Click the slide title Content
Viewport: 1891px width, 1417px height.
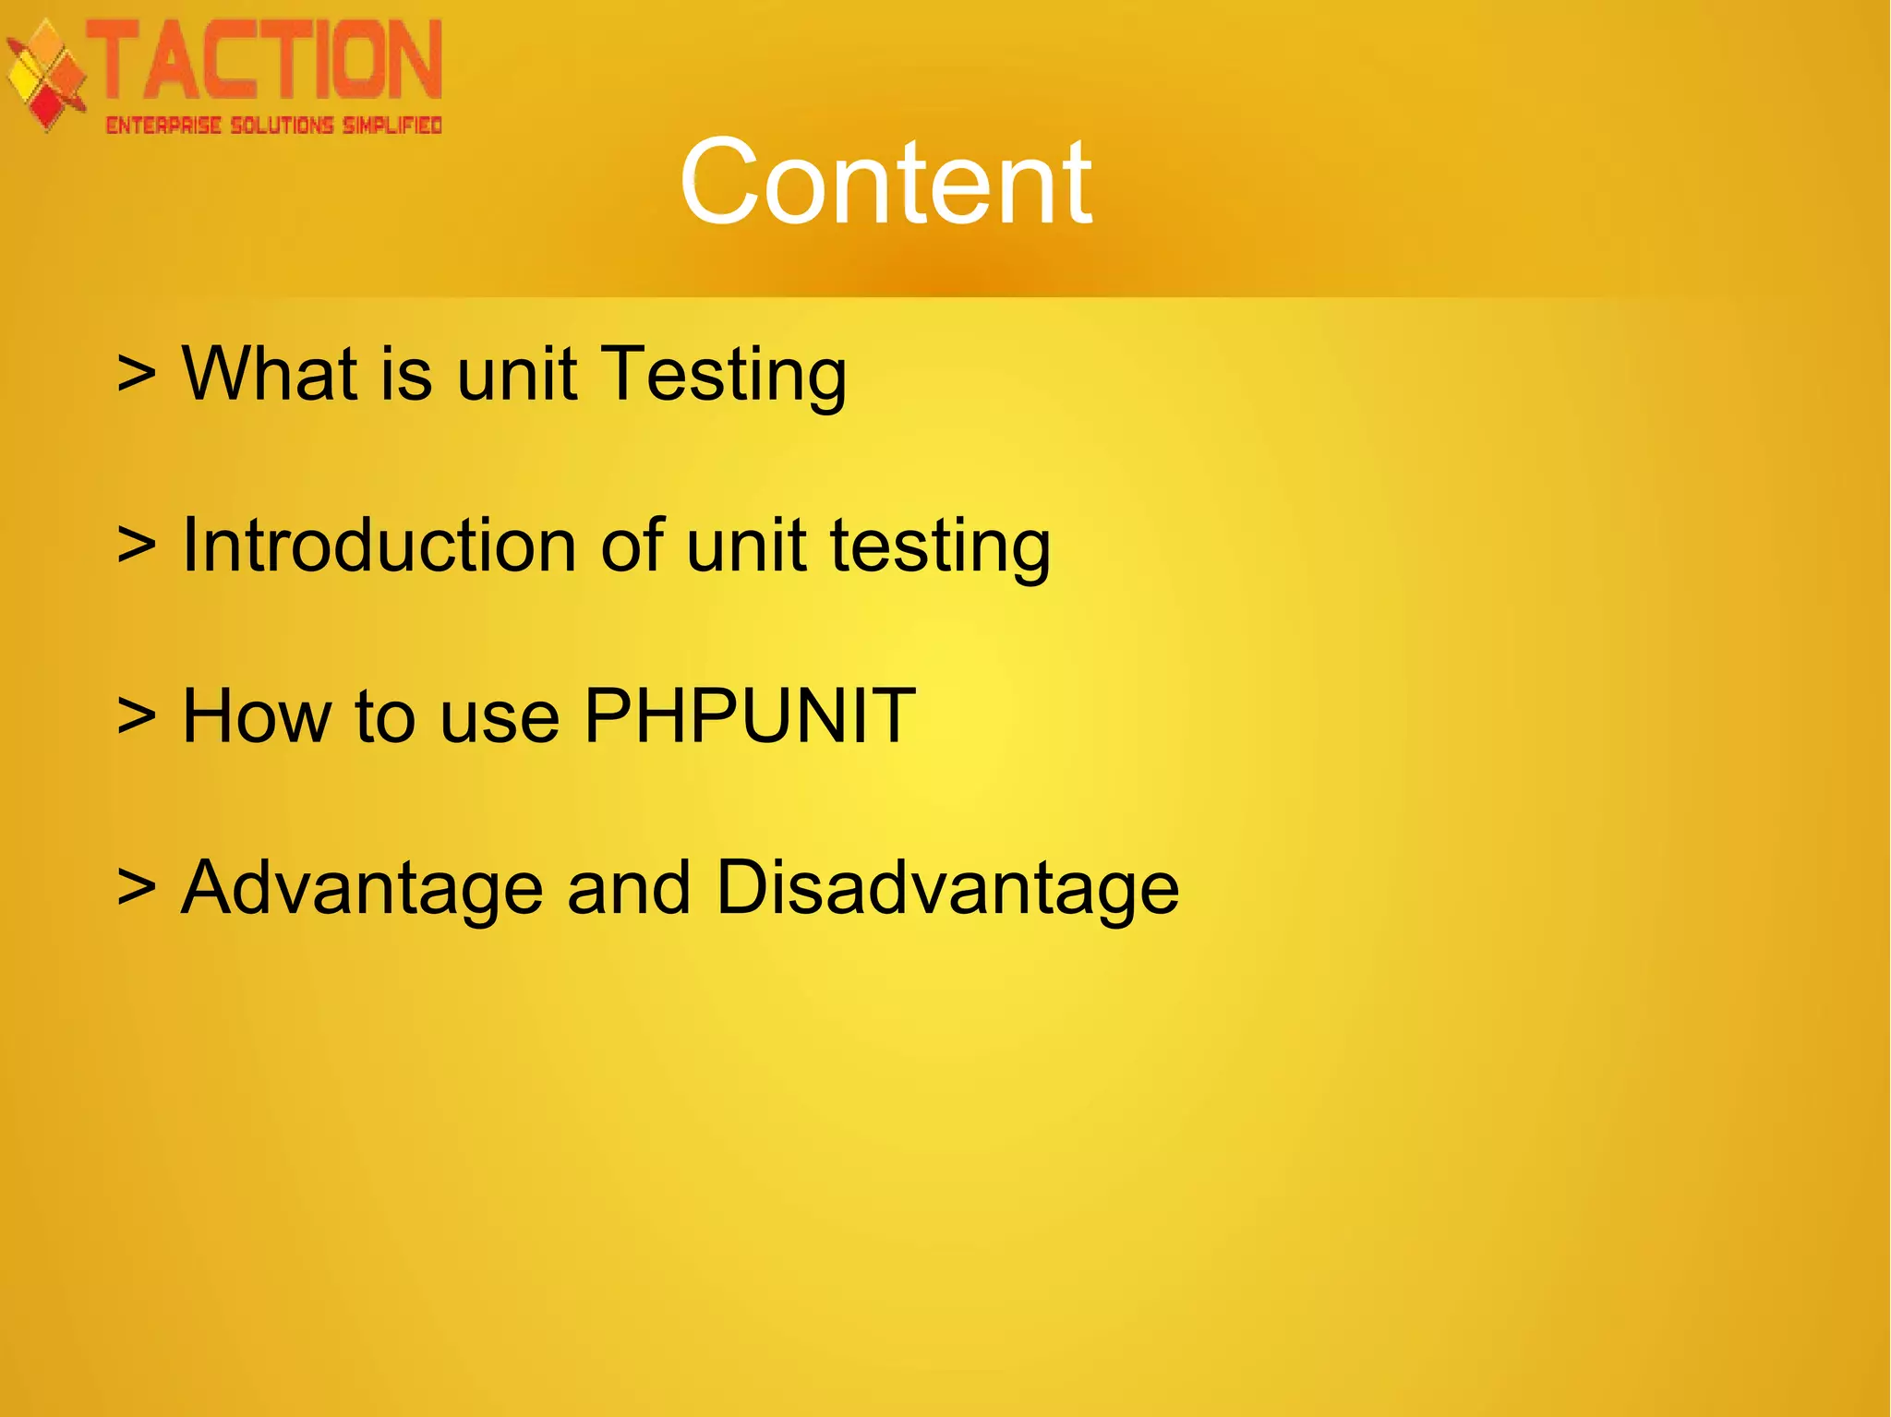(885, 182)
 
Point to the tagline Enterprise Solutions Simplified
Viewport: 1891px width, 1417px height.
(274, 126)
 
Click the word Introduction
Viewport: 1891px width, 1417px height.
(379, 545)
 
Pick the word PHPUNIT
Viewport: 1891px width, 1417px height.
(750, 715)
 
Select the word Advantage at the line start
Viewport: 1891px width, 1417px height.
(361, 888)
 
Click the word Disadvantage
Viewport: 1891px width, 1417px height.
(946, 888)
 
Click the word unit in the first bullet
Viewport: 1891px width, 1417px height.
(517, 373)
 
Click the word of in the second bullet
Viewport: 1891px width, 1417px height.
(632, 545)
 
